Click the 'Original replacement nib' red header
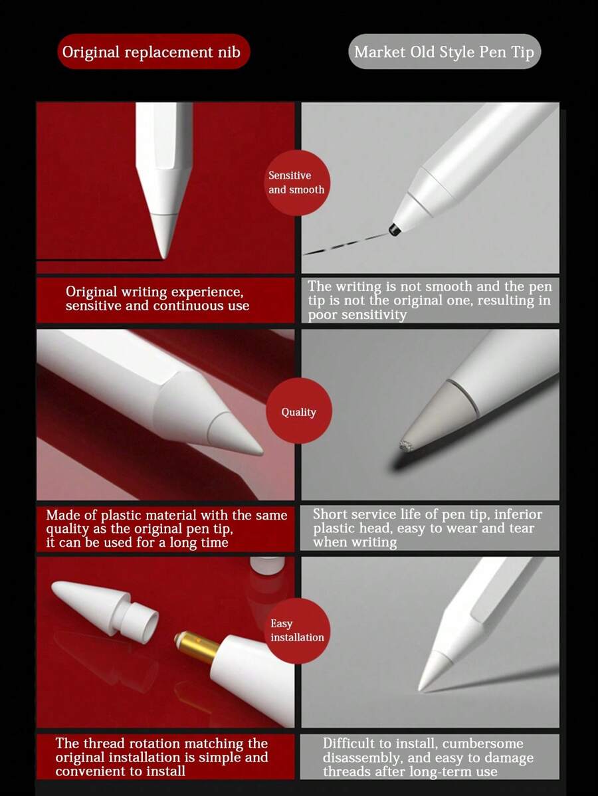pyautogui.click(x=153, y=52)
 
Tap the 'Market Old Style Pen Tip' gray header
pyautogui.click(x=445, y=52)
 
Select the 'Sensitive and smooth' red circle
pyautogui.click(x=296, y=183)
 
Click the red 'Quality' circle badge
pyautogui.click(x=298, y=412)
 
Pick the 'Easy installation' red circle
pyautogui.click(x=297, y=630)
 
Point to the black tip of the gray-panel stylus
pyautogui.click(x=394, y=230)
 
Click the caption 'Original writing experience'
pyautogui.click(x=157, y=299)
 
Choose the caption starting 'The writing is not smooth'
pyautogui.click(x=429, y=300)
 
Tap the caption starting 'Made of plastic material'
pyautogui.click(x=166, y=529)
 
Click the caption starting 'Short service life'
pyautogui.click(x=427, y=528)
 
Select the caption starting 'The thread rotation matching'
pyautogui.click(x=161, y=757)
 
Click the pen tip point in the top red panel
pyautogui.click(x=163, y=255)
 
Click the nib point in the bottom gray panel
pyautogui.click(x=421, y=688)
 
